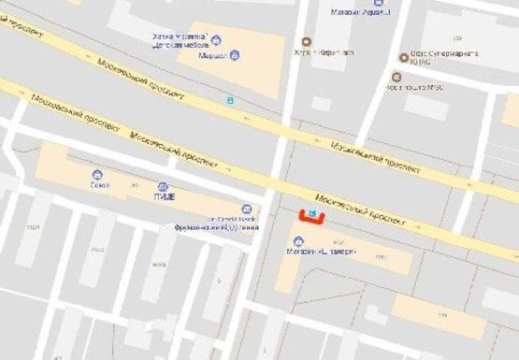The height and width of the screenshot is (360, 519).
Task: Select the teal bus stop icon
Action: click(x=230, y=98)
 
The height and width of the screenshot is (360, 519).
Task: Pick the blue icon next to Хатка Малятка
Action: click(x=216, y=39)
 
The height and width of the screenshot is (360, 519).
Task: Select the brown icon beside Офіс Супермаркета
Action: click(x=403, y=56)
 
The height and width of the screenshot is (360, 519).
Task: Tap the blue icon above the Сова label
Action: click(x=96, y=174)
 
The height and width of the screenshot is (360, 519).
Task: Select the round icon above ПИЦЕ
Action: click(x=163, y=186)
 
